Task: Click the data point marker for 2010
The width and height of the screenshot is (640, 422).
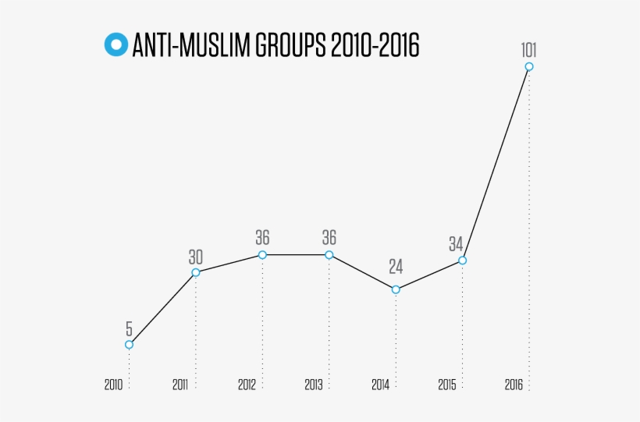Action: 129,344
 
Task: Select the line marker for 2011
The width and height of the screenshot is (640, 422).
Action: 196,272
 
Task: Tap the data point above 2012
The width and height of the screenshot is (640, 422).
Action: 262,255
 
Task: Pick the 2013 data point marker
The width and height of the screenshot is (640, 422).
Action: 329,255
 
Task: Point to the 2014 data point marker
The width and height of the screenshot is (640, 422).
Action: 396,289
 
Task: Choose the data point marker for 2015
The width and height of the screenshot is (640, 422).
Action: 462,261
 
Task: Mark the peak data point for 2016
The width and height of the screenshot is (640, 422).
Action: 529,67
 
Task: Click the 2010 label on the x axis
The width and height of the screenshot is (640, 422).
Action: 113,385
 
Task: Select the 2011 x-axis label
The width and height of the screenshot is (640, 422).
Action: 180,385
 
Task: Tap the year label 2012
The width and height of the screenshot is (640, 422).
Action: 247,385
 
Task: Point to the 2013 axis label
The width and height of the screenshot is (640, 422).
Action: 314,385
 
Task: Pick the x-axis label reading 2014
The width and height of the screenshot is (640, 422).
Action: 380,385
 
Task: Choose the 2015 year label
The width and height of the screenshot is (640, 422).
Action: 446,385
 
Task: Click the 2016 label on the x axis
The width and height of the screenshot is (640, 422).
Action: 514,385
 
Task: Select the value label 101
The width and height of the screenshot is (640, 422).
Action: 529,51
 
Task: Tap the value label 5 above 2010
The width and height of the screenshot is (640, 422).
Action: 129,328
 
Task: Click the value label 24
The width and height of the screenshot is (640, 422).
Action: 396,267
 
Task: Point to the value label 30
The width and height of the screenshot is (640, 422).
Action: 196,256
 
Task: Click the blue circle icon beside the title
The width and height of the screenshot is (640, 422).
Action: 116,45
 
